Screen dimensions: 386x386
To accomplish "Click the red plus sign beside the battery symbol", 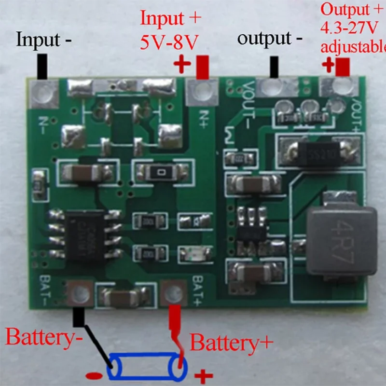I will coord(203,375).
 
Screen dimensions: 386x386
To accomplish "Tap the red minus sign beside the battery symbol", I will coord(94,375).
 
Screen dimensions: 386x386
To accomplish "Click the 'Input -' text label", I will coord(44,40).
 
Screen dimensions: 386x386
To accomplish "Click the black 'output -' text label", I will coord(270,39).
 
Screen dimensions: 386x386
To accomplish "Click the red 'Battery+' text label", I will coord(231,343).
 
